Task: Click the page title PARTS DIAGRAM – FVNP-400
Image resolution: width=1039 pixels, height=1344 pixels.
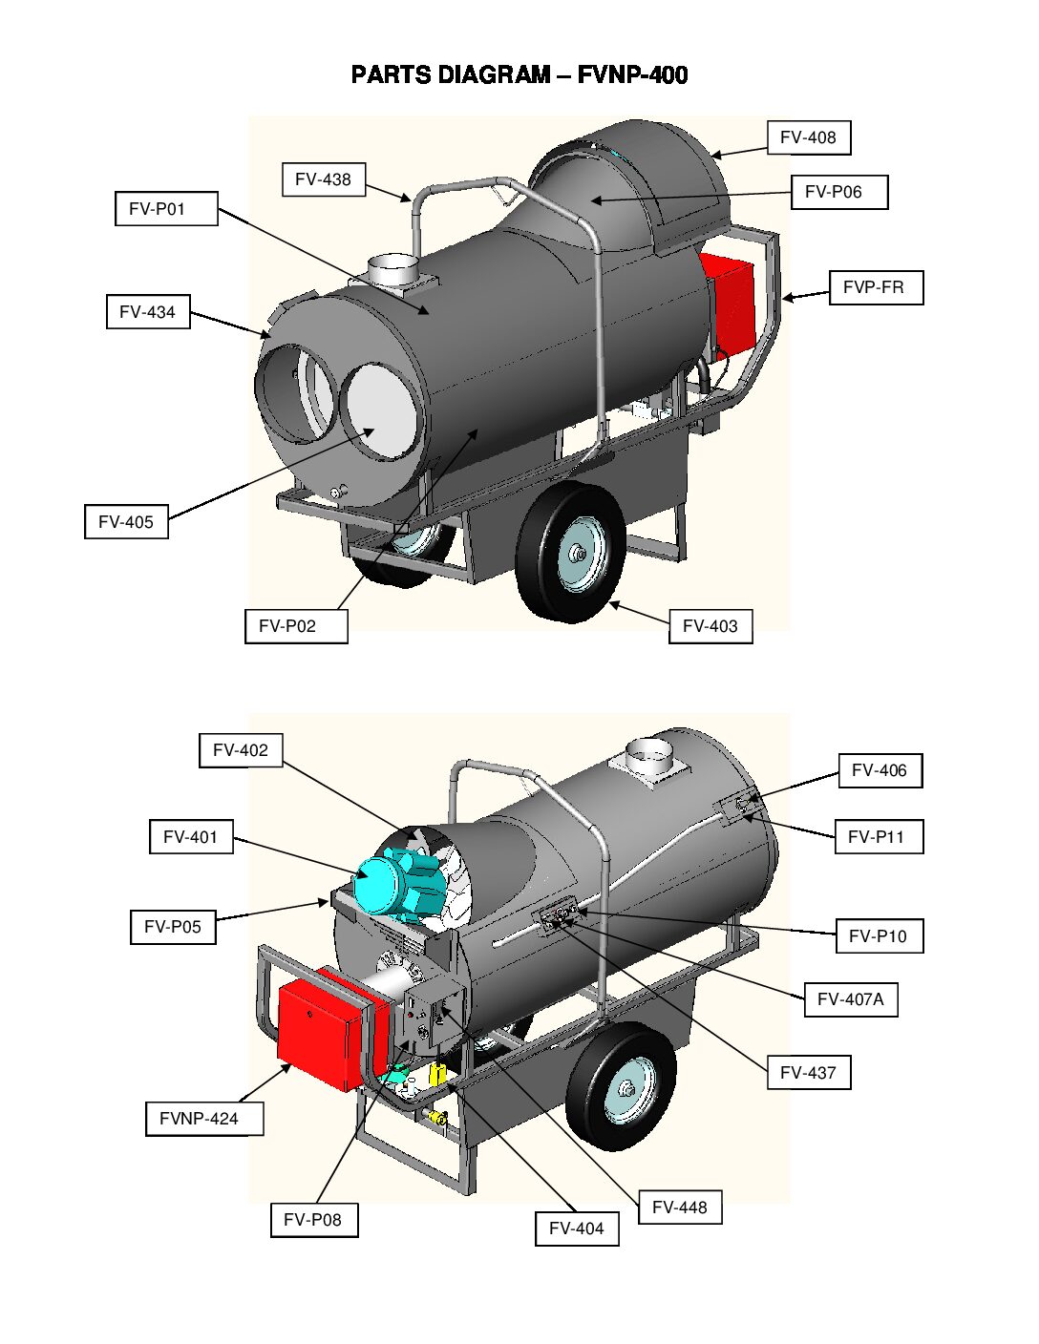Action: tap(519, 75)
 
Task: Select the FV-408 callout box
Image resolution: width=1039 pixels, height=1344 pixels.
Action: tap(808, 137)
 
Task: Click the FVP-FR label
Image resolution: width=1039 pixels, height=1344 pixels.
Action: tap(875, 287)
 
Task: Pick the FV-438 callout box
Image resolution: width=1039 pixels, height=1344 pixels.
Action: tap(323, 179)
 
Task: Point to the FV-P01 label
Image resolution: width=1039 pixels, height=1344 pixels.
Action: tap(166, 208)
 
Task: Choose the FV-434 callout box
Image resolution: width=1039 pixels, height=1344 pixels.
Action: tap(147, 312)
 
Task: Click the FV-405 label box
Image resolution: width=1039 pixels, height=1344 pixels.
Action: tap(126, 522)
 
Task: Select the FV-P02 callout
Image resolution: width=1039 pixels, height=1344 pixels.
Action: tap(295, 626)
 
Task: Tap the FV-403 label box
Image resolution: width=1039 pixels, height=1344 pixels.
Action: tap(710, 626)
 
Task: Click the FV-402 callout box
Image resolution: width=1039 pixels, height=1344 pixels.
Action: tap(241, 750)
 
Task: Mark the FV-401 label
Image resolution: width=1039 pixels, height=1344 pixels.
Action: tap(191, 837)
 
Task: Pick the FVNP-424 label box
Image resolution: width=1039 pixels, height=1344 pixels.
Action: tap(203, 1119)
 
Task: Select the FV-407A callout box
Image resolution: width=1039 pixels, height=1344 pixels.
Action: tap(850, 999)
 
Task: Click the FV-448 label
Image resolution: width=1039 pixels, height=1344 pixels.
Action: tap(679, 1207)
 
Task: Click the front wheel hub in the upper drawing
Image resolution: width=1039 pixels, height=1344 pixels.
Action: tap(578, 554)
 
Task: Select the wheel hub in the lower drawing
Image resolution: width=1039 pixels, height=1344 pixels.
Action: tap(626, 1089)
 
